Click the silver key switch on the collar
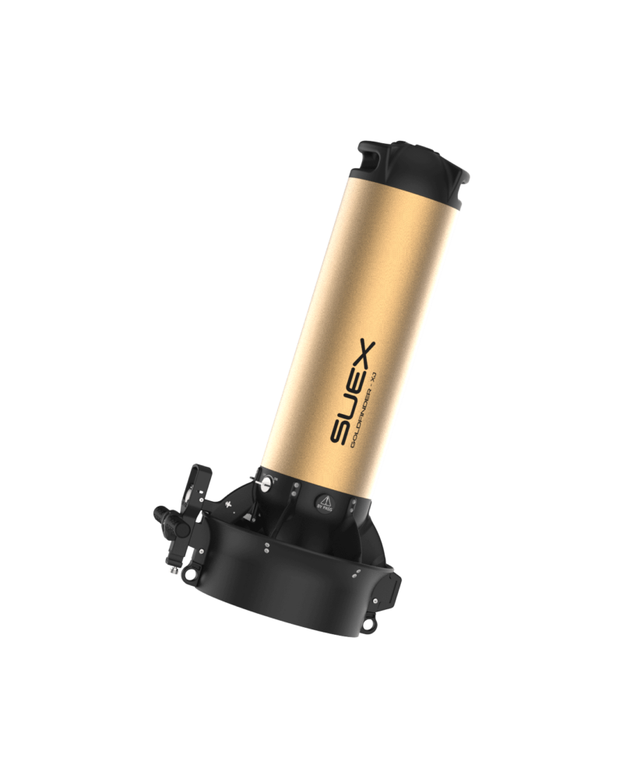[267, 483]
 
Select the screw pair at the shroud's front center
[266, 548]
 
